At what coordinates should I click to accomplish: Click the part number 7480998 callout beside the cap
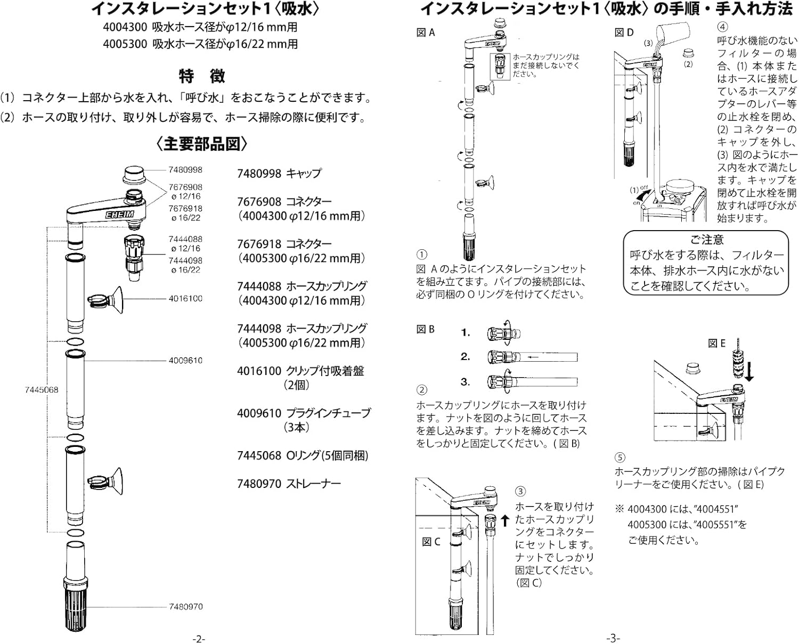185,170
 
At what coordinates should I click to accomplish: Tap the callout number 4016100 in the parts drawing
185,298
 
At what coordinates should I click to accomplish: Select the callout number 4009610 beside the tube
185,361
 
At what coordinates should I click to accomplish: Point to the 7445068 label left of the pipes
42,389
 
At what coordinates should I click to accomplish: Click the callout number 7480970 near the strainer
185,606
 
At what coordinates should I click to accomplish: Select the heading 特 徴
202,76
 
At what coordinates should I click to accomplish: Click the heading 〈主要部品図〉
202,144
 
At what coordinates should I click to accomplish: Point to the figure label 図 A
426,32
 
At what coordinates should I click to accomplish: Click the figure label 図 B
426,329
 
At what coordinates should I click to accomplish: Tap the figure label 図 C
431,542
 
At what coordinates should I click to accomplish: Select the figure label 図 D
624,32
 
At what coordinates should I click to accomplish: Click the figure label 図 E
716,344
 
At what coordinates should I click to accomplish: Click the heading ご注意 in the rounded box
706,240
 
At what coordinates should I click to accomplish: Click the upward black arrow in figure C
505,520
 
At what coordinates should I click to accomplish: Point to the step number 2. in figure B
466,357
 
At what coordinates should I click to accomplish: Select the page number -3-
613,638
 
